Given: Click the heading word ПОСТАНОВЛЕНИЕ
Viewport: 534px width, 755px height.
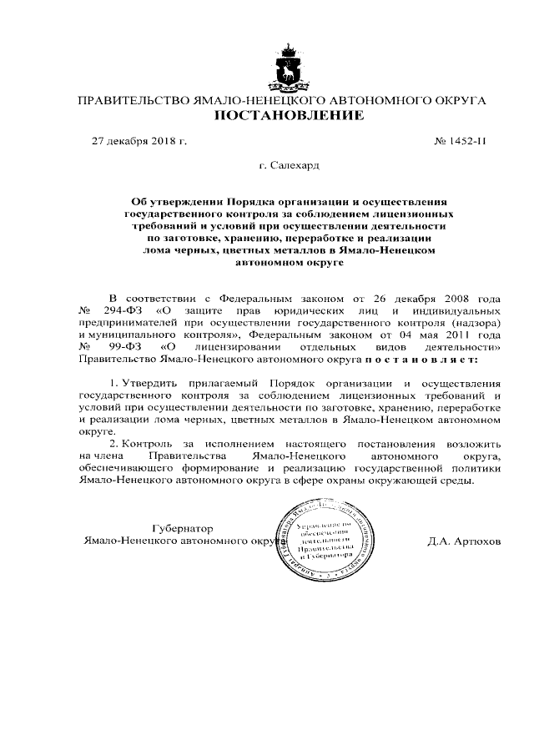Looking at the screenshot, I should [289, 114].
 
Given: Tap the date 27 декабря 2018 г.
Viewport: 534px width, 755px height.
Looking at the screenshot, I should [139, 141].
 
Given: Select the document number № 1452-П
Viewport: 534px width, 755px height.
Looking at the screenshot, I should [460, 141].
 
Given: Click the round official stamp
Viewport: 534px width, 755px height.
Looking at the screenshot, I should [338, 537].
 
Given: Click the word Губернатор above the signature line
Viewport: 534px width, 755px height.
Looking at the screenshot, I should [182, 528].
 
